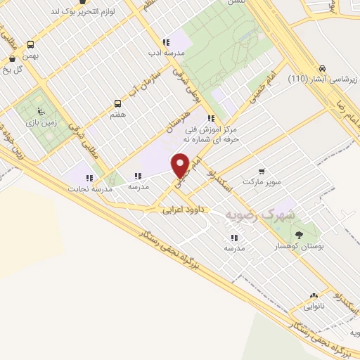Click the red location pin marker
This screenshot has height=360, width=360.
[181, 165]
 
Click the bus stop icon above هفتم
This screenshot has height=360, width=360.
[117, 103]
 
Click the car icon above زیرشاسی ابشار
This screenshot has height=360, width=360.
[322, 69]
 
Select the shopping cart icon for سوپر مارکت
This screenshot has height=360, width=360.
[262, 170]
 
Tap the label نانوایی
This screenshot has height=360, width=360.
[314, 307]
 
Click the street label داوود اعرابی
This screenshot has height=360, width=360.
[181, 210]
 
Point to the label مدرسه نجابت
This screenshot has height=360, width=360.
[87, 188]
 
